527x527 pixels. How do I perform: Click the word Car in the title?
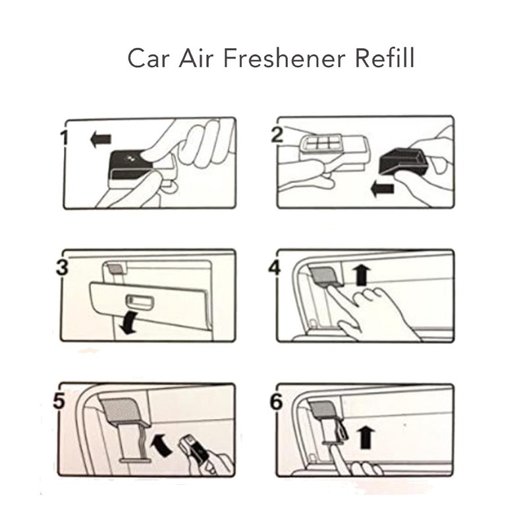coord(147,59)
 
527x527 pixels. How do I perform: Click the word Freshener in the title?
coord(285,58)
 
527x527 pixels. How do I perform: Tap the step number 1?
coord(64,138)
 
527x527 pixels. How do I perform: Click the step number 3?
coord(62,267)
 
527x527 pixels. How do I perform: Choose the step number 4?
coord(275,268)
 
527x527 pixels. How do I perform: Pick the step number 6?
coord(276,402)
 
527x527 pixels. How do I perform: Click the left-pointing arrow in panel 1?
coord(101,139)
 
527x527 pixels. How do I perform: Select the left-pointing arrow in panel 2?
coord(382,189)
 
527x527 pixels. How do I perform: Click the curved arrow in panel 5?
coord(163,444)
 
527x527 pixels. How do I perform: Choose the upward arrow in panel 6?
coord(366,437)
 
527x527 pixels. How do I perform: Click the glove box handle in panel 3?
coord(140,301)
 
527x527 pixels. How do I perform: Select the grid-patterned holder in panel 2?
coord(320,144)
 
